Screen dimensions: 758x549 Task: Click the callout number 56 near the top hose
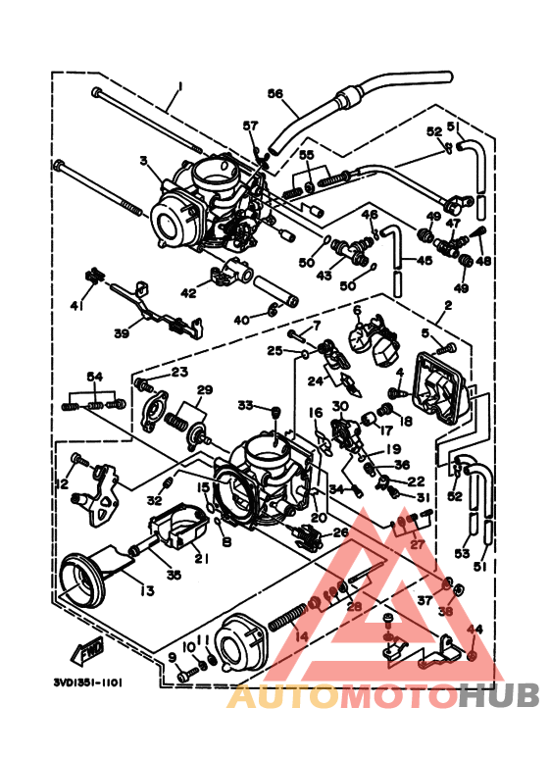point(274,95)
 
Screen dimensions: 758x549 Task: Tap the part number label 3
point(143,161)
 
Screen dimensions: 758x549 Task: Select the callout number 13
point(147,590)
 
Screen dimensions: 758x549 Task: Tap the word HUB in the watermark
point(500,697)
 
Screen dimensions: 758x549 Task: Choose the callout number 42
point(188,292)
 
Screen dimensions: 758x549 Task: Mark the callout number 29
point(203,390)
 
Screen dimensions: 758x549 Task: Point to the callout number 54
point(94,378)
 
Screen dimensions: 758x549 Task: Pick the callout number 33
point(244,405)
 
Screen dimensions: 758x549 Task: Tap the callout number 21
point(202,559)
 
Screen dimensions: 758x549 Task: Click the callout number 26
point(340,533)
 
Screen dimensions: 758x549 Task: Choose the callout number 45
point(424,261)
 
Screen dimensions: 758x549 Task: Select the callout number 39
point(122,333)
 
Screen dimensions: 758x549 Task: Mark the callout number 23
point(178,372)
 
